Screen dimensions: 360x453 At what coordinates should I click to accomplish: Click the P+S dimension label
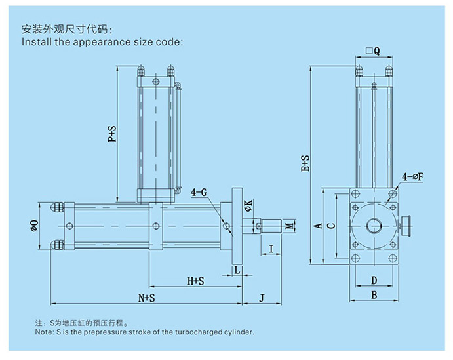[x=112, y=133]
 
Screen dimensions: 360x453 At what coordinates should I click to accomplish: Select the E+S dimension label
[x=305, y=165]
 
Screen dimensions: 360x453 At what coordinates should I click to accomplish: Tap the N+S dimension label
[x=146, y=298]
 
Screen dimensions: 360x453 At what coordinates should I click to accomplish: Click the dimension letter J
[x=262, y=298]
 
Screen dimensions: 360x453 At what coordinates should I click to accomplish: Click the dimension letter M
[x=289, y=227]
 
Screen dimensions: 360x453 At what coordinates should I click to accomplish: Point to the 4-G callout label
[x=199, y=193]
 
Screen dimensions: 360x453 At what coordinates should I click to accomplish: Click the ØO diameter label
[x=34, y=226]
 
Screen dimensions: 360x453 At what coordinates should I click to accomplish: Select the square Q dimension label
[x=374, y=49]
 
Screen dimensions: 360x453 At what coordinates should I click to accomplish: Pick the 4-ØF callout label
[x=414, y=176]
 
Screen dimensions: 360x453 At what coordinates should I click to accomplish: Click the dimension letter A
[x=318, y=226]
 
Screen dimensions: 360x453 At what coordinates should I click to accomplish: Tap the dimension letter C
[x=331, y=226]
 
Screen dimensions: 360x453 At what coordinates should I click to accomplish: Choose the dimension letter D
[x=374, y=281]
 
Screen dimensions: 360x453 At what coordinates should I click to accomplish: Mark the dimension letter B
[x=374, y=296]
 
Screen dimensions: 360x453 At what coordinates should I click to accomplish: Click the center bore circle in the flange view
[x=374, y=225]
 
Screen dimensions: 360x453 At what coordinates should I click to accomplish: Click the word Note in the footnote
[x=45, y=332]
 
